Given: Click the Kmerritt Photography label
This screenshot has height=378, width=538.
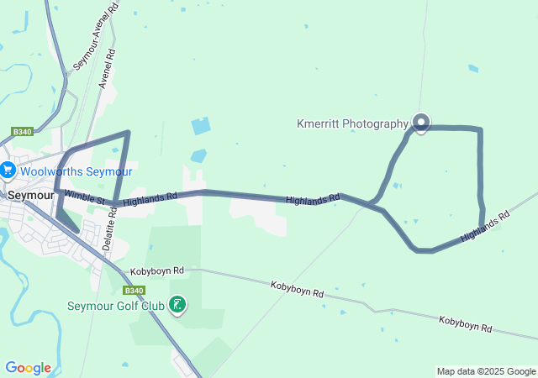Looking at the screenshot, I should point(352,123).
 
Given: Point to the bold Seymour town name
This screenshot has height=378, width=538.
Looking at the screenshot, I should point(31,194).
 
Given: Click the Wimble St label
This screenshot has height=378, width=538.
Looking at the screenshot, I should point(83,198).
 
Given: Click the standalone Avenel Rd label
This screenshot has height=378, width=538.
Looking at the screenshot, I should point(107,70).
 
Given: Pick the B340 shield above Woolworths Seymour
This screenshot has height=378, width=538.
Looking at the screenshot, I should point(22,132).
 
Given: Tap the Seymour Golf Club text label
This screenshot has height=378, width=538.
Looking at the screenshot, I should point(115,305).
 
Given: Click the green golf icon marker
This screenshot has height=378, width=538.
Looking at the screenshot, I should point(177,304).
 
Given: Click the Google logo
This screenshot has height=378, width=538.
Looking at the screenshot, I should point(28,367).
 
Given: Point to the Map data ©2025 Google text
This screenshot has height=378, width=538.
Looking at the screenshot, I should point(486,371).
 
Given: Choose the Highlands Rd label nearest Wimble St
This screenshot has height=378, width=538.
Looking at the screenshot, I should point(150,198).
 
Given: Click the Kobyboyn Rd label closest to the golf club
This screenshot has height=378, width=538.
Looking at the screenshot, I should point(157,271).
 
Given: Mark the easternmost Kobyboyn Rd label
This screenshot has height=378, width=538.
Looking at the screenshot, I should point(465,323).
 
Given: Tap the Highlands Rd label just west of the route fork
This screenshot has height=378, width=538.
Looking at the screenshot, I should point(313,199).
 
